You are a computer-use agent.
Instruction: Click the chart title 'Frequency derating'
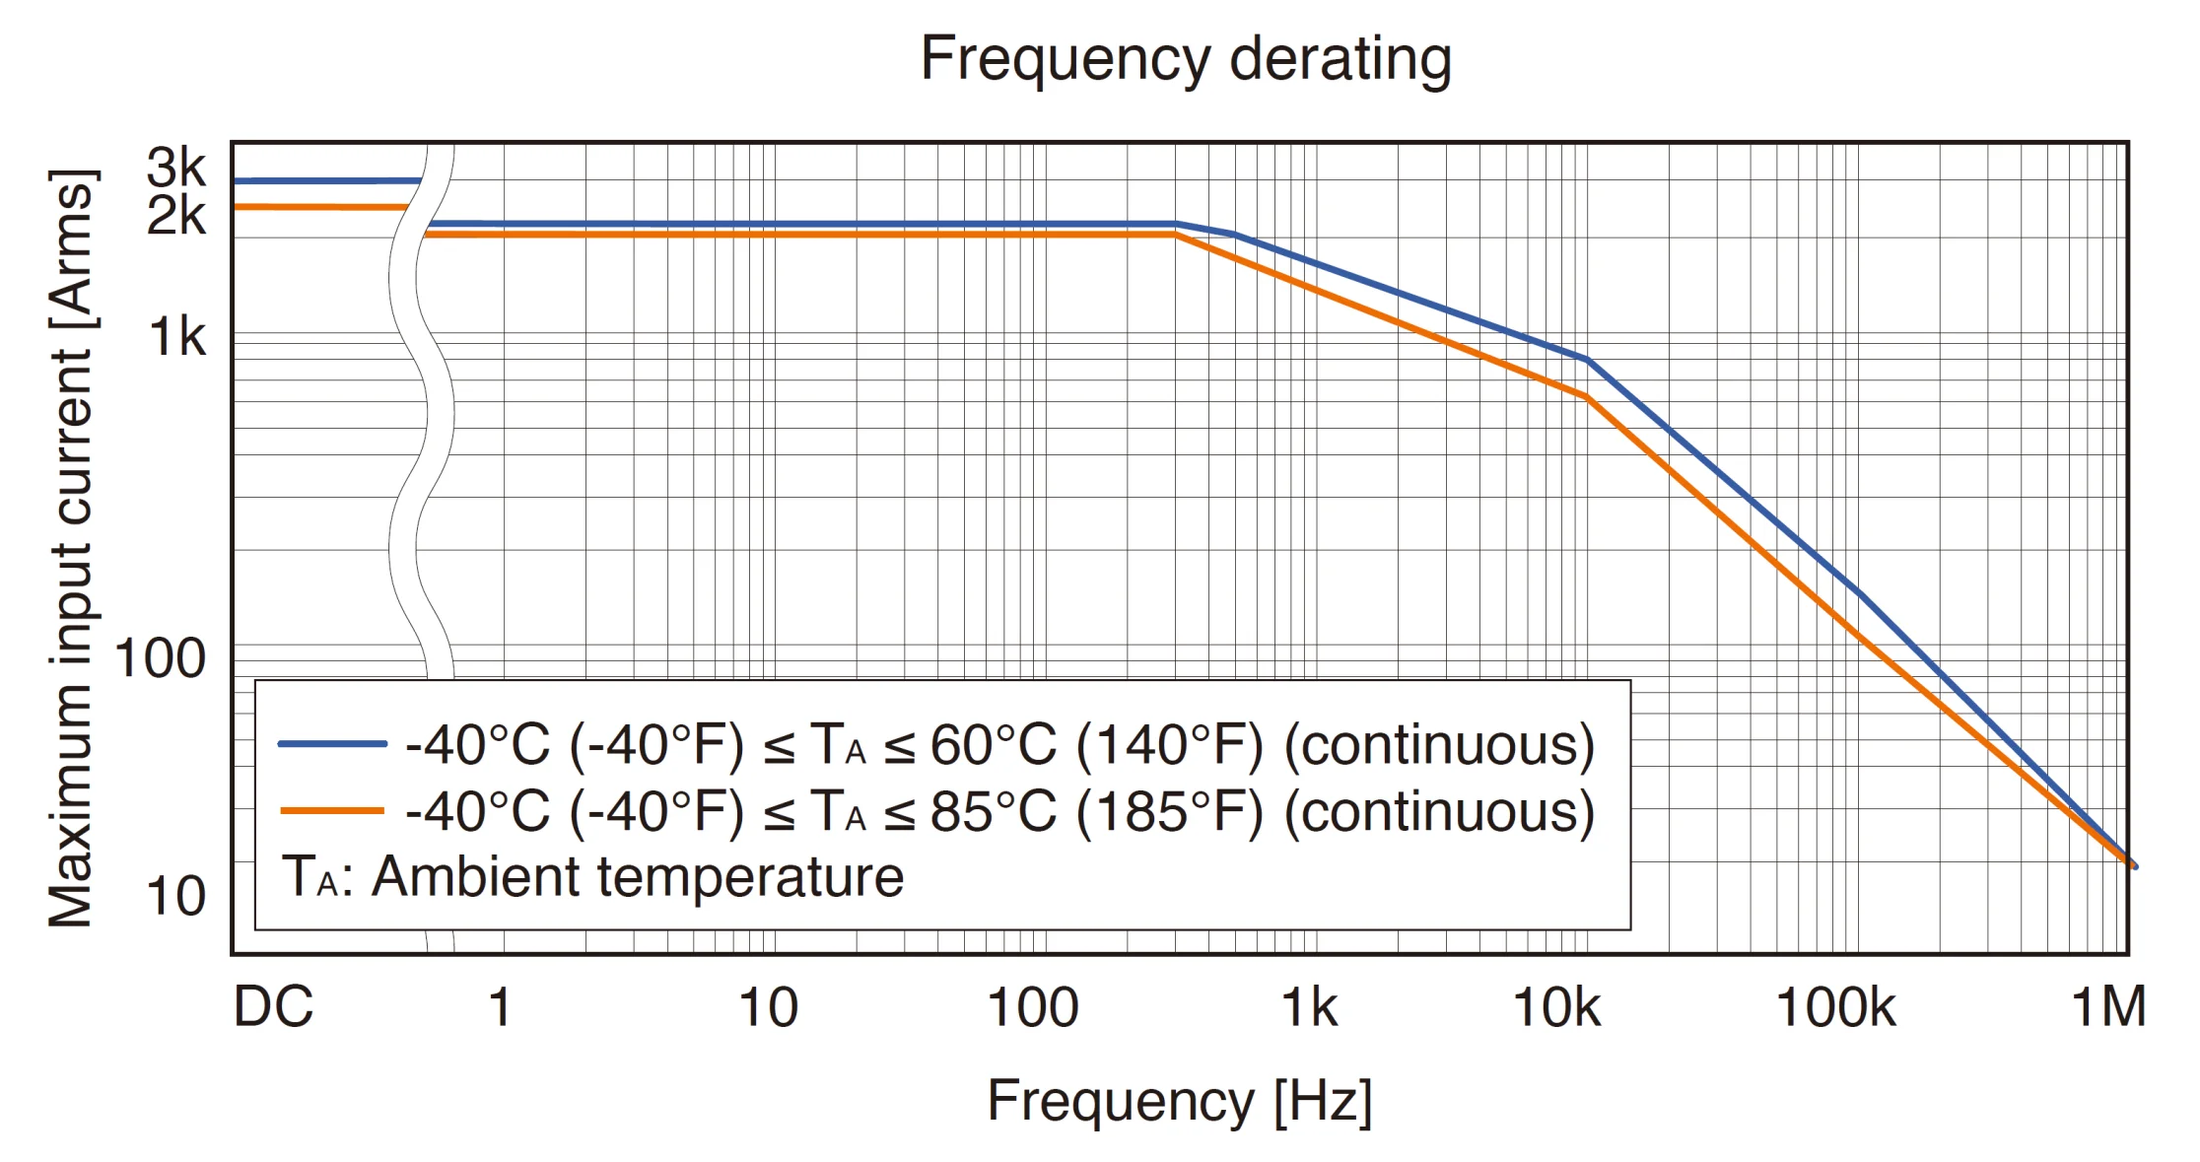click(1185, 59)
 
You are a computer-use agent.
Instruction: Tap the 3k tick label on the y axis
click(176, 169)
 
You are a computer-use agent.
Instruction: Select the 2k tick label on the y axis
click(176, 215)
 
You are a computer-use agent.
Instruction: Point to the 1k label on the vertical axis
click(177, 338)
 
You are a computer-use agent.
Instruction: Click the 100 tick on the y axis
click(161, 657)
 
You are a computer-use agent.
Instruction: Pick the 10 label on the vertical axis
click(175, 896)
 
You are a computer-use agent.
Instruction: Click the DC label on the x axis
click(273, 1007)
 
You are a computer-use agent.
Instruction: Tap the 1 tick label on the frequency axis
click(501, 1007)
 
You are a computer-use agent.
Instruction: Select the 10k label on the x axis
click(1556, 1007)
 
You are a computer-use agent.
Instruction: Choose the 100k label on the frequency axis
click(1834, 1007)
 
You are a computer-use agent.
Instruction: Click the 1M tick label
click(2108, 1007)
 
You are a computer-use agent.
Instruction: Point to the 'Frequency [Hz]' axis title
click(1179, 1101)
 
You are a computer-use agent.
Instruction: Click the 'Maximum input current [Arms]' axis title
click(71, 548)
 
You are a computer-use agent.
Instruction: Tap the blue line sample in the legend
click(331, 744)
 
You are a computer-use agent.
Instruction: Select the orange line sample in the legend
click(331, 811)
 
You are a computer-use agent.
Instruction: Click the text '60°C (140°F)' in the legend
click(1096, 745)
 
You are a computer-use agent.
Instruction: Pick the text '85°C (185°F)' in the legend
click(1096, 812)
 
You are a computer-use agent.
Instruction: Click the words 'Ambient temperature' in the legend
click(637, 876)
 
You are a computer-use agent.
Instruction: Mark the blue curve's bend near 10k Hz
click(1586, 360)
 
